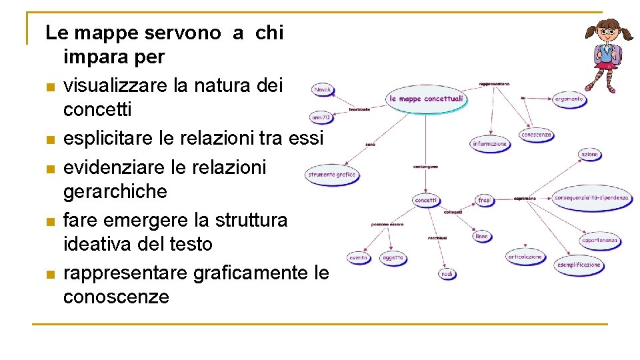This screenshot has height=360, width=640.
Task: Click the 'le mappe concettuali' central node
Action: (x=426, y=99)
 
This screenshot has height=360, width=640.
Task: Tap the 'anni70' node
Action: (x=321, y=117)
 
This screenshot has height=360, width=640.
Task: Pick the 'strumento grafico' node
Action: (x=332, y=175)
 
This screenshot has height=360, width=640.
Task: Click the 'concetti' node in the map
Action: (x=426, y=200)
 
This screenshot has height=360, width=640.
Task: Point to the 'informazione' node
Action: (x=490, y=143)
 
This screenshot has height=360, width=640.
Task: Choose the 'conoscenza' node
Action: (x=537, y=135)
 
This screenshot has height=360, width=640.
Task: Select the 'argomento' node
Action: (x=569, y=99)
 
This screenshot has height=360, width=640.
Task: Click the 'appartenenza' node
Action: (x=600, y=241)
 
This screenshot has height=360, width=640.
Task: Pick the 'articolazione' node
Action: (x=525, y=257)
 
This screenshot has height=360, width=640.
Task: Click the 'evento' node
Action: (x=359, y=257)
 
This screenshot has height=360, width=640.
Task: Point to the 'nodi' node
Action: (x=448, y=273)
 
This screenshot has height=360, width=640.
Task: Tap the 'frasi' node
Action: (x=485, y=200)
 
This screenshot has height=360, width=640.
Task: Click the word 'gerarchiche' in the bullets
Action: (x=115, y=192)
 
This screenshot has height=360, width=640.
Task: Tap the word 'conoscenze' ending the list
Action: (x=116, y=297)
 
